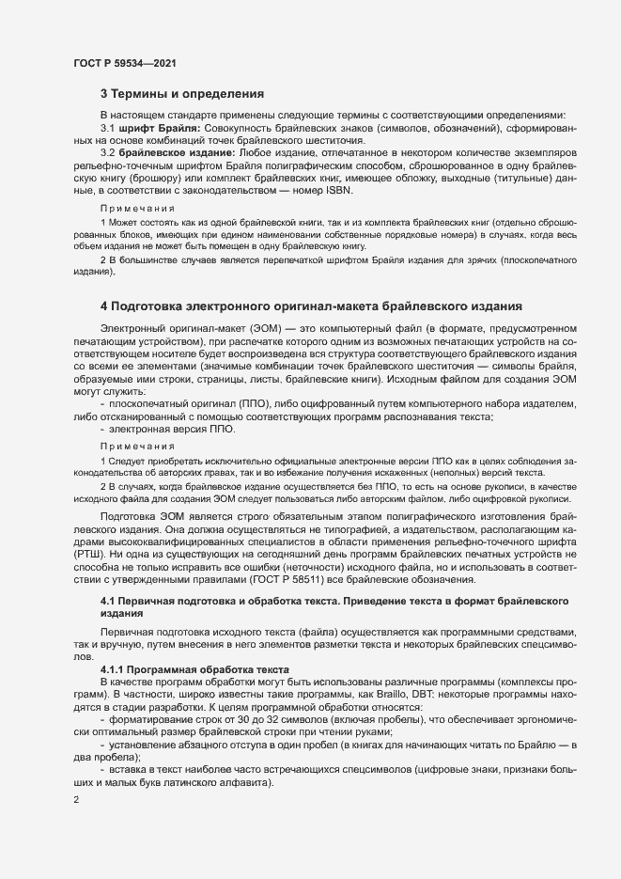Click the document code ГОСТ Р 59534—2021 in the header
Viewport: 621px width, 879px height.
124,63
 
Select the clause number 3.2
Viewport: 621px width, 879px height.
108,152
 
